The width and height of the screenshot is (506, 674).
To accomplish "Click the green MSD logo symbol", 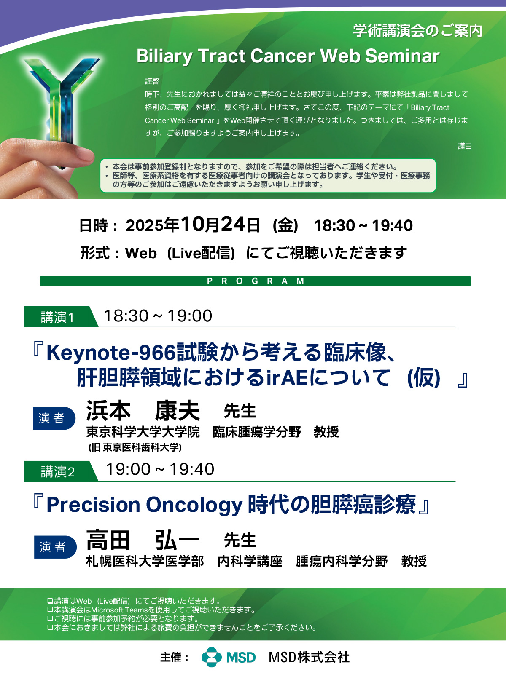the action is [x=212, y=657].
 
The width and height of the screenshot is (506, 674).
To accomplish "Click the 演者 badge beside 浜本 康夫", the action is [x=54, y=418].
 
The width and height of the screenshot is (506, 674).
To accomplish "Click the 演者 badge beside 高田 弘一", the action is [x=55, y=547].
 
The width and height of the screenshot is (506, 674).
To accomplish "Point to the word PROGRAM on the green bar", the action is [x=256, y=281].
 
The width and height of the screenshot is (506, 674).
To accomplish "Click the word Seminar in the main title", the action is [x=402, y=56].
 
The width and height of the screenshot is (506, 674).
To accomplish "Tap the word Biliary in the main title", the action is [x=164, y=57].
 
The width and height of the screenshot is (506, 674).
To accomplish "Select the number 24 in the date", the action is [x=233, y=225].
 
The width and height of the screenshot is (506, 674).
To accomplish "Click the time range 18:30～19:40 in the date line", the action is [x=363, y=225].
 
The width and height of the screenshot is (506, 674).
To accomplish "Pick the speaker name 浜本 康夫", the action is [x=143, y=411].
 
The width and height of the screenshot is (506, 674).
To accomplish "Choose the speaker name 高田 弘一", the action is [x=143, y=540].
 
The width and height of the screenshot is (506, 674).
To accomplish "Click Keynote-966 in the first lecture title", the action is [x=111, y=353].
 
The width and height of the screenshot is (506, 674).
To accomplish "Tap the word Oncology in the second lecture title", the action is [x=194, y=505].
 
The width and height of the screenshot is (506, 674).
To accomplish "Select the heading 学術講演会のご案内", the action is [x=417, y=31].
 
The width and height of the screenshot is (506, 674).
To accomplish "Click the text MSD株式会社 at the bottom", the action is [x=309, y=657].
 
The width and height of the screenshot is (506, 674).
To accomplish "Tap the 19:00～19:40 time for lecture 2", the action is [x=160, y=469].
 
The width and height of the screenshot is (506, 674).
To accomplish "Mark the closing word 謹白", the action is [x=465, y=146].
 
